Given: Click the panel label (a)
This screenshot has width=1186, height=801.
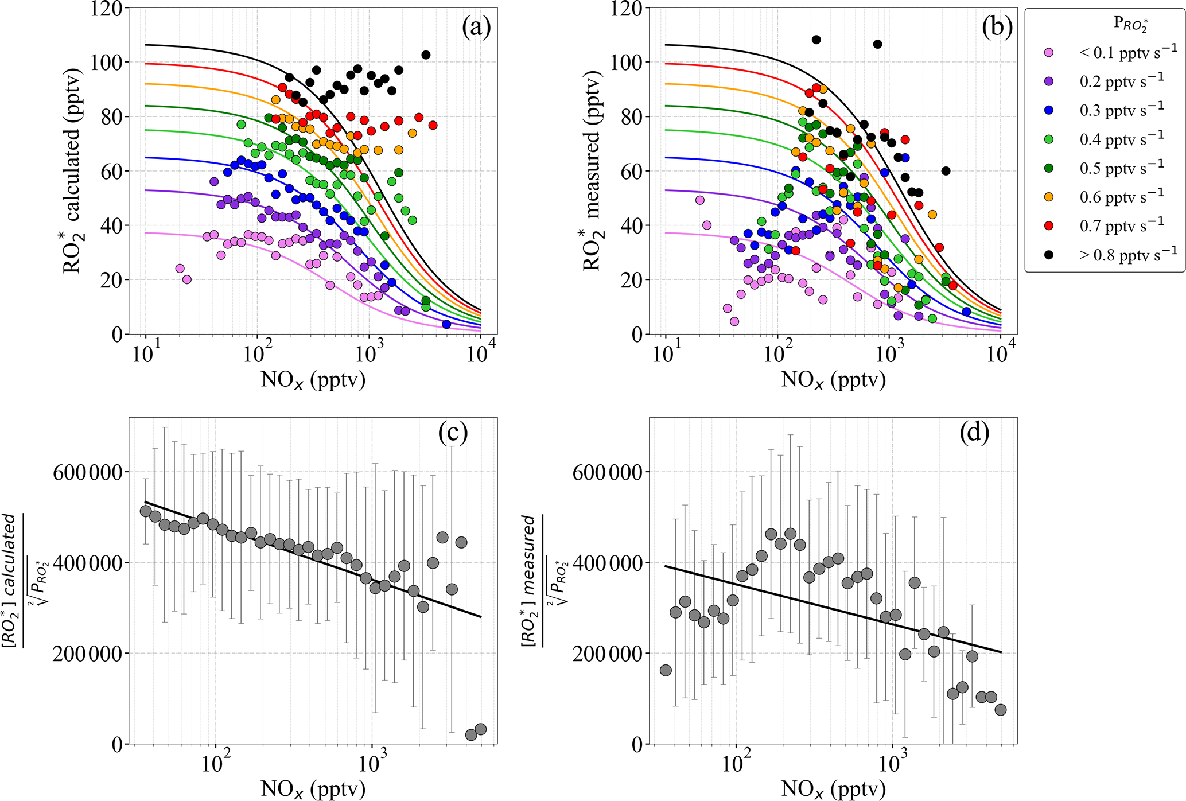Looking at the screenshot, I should point(476,28).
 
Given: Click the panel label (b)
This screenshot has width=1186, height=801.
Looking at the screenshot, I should point(997,28).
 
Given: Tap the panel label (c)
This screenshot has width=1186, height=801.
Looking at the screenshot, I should point(453,433).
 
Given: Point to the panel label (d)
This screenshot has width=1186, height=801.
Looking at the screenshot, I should point(974,433).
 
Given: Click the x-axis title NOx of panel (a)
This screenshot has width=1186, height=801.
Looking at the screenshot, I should point(313,380).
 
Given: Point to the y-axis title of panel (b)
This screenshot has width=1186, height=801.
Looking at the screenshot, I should point(592,170).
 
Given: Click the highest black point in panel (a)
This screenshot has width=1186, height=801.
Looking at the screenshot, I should point(426,55).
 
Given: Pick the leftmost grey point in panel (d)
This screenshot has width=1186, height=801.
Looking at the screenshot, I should point(666,670).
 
